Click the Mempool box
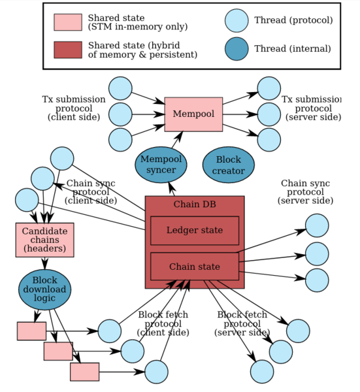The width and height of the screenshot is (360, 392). (x=193, y=114)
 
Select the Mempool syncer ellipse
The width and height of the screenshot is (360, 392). (x=161, y=165)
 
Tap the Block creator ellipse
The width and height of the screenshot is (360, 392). (x=229, y=165)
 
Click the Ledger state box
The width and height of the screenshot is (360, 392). (x=195, y=231)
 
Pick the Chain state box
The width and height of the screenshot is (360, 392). (x=195, y=267)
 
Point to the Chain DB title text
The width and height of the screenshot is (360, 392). (x=195, y=204)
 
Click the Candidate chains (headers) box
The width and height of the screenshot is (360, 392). (x=44, y=240)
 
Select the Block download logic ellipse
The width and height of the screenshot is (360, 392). (x=44, y=289)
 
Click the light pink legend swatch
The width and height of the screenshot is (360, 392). (x=68, y=22)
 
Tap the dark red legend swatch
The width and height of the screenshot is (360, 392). (x=68, y=50)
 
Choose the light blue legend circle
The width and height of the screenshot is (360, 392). (x=237, y=21)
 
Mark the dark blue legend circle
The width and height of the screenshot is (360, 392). (x=237, y=49)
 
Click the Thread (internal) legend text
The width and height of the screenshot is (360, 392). (x=293, y=48)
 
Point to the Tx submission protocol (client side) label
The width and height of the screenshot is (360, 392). (x=74, y=108)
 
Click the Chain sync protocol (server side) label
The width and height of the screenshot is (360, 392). (x=306, y=192)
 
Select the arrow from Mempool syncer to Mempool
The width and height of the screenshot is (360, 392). (x=177, y=140)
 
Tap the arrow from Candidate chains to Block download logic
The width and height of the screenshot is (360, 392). (x=44, y=263)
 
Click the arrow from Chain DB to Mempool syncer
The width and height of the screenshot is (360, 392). (x=172, y=189)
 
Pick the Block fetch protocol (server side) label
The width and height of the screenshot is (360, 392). (x=242, y=323)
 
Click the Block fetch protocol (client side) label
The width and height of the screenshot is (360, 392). (x=163, y=323)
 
